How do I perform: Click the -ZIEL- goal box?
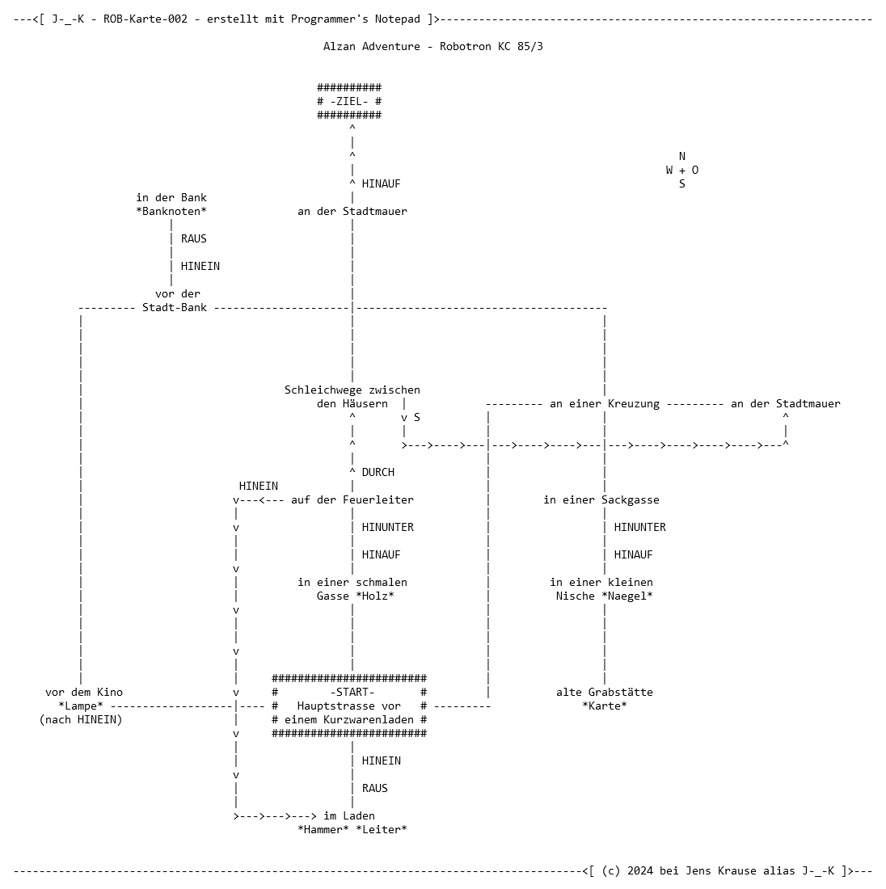pos(349,102)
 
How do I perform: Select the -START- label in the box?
pos(352,693)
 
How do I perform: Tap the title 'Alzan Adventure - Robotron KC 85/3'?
pos(432,47)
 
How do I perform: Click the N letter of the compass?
pos(681,157)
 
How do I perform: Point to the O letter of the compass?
pos(695,170)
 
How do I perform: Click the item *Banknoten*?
pos(171,212)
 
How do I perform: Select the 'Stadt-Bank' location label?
pos(174,308)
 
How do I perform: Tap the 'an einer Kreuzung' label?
pos(604,404)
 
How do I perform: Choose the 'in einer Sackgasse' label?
pos(601,500)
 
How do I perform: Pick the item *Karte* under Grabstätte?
pos(605,706)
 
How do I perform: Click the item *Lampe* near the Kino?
pos(81,706)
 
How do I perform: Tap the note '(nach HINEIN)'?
pos(81,720)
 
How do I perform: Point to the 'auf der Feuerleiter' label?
pos(352,500)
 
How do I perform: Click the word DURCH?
pos(378,472)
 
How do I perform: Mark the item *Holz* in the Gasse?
pos(375,596)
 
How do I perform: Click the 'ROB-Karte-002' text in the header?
pos(146,19)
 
